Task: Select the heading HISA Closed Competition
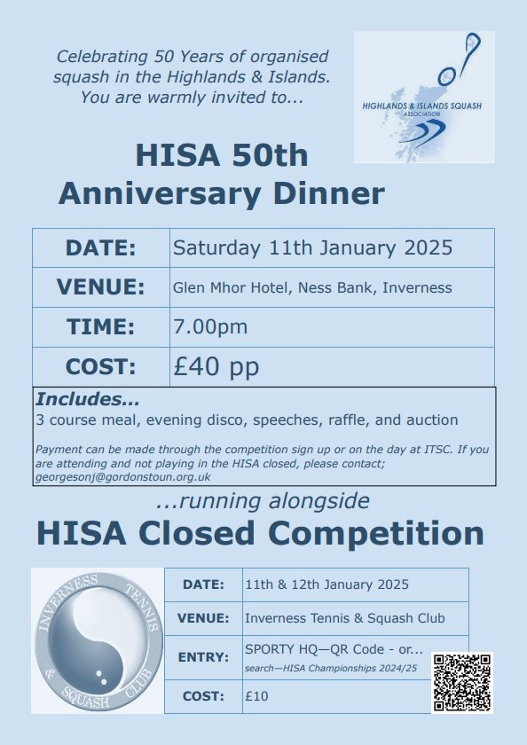260,534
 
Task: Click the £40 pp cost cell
216,366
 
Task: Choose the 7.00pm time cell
210,326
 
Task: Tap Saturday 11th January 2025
312,247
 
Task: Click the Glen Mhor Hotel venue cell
312,287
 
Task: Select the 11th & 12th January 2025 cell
326,584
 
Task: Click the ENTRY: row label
202,658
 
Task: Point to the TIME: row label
100,326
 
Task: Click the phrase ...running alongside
262,501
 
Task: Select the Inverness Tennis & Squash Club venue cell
345,618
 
